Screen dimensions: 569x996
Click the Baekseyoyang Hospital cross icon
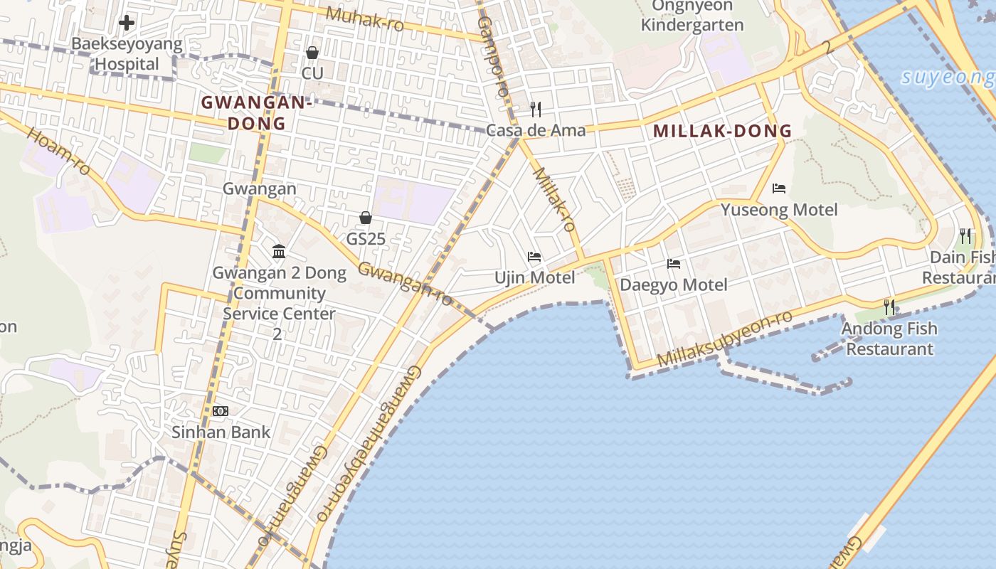click(127, 23)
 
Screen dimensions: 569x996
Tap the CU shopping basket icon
click(312, 53)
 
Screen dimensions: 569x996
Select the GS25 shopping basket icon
click(366, 218)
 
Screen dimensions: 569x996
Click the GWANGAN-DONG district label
click(256, 112)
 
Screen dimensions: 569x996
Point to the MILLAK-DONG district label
click(722, 131)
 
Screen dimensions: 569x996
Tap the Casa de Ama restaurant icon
click(536, 109)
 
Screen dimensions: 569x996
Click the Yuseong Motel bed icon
click(779, 188)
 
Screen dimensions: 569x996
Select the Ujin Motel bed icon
click(534, 256)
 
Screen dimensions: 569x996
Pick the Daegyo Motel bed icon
click(674, 264)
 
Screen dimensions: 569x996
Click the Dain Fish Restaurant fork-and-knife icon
click(965, 235)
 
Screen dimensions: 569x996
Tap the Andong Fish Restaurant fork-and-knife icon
click(889, 307)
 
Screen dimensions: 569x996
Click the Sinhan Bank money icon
click(221, 411)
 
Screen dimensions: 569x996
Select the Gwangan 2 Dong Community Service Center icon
click(279, 252)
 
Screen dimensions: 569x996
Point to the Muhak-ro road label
click(365, 18)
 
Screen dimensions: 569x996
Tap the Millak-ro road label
click(554, 199)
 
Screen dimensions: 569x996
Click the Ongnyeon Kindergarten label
click(692, 16)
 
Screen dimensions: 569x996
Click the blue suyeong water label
click(948, 77)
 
